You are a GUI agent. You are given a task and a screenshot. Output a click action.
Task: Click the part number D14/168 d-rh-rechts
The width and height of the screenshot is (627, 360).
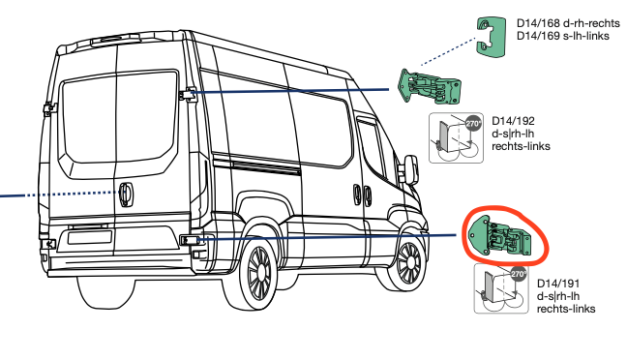[x=568, y=23]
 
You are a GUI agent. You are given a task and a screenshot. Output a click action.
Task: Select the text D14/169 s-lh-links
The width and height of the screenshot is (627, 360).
[x=563, y=36]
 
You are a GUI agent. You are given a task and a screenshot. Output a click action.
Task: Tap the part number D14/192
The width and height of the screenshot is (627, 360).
[x=513, y=121]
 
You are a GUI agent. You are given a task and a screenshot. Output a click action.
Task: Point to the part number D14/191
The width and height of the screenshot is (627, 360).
[x=558, y=284]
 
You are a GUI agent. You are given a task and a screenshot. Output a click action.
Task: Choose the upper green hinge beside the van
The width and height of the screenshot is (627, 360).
[x=430, y=86]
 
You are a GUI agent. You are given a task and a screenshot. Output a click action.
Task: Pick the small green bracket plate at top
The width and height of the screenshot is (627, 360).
[x=491, y=37]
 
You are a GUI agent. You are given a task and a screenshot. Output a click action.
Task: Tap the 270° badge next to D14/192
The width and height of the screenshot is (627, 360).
[x=473, y=124]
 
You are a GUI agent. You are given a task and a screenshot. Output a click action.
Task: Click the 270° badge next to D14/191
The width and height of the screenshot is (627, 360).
[x=519, y=274]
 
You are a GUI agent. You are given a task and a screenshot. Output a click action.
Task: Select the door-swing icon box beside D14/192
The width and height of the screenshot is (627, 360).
[x=457, y=138]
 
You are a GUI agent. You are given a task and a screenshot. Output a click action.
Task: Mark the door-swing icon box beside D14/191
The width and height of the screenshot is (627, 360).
[x=501, y=288]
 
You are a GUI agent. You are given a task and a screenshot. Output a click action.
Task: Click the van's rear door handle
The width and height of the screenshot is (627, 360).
[x=126, y=195]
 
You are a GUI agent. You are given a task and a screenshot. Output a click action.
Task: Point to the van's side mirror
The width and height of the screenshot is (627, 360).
[x=411, y=168]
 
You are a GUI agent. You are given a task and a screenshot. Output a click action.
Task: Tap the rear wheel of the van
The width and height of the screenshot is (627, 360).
[x=259, y=272]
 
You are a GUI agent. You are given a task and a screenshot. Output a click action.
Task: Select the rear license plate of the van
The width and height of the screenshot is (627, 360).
[x=90, y=237]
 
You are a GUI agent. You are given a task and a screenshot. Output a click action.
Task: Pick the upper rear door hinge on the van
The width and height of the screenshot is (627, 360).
[x=188, y=95]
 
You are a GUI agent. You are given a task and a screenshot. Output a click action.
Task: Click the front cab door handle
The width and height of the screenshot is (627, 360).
[x=367, y=195]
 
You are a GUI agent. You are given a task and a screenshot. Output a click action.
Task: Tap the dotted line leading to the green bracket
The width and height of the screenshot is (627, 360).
[x=448, y=51]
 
